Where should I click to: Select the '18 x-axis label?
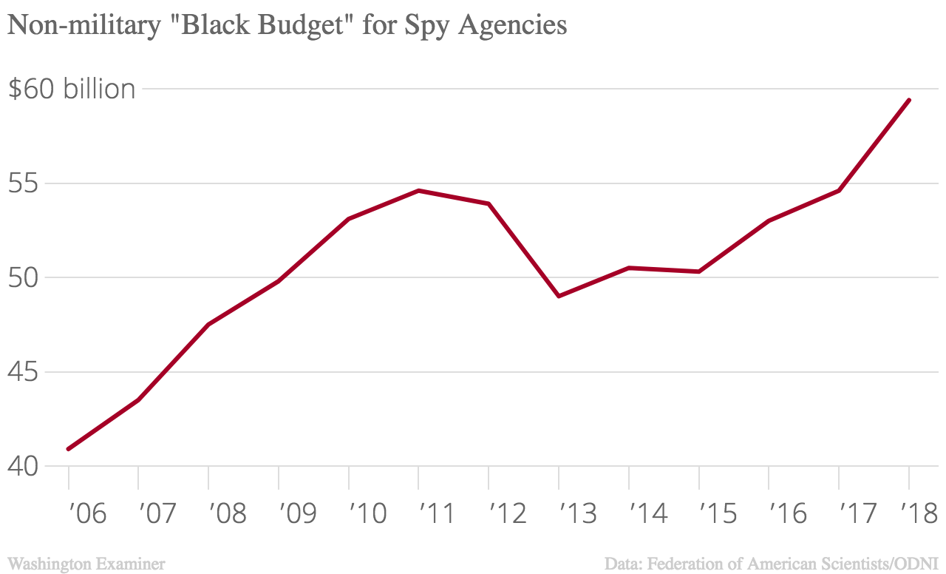tap(919, 513)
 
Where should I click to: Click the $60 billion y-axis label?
tap(71, 89)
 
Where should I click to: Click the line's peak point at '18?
tap(908, 100)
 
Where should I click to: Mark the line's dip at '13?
tap(559, 296)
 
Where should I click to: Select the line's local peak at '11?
tap(418, 191)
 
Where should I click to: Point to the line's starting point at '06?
tap(69, 449)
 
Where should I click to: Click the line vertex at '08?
tap(208, 325)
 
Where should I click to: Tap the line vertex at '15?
tap(698, 271)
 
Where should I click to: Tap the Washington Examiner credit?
tap(86, 564)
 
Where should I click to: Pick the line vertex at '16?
tap(769, 221)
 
